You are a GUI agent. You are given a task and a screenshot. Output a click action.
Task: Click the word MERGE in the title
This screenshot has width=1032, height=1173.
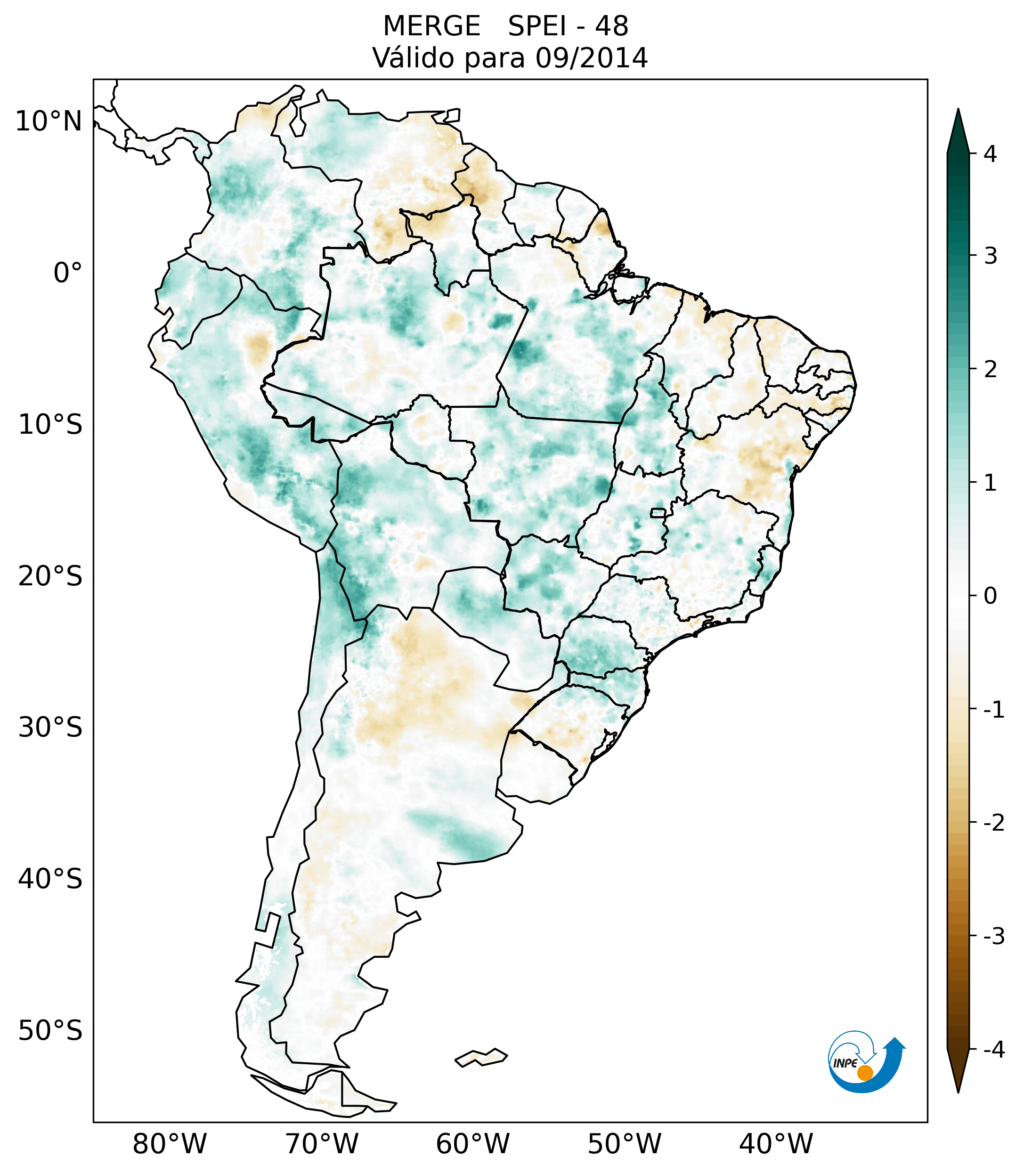coord(431,26)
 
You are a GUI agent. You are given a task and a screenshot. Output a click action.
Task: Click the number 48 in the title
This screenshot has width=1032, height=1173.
coord(611,26)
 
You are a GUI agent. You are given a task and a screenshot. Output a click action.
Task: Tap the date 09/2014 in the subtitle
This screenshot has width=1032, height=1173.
coord(591,58)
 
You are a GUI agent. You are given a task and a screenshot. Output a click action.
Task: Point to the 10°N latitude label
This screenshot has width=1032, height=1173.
coord(48,121)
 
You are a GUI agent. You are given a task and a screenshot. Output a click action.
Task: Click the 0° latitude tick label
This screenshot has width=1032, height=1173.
coord(68,273)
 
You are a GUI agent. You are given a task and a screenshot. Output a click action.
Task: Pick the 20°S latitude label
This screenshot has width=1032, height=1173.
coord(50,576)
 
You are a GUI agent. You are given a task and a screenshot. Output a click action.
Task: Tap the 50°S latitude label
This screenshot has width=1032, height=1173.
coord(50,1031)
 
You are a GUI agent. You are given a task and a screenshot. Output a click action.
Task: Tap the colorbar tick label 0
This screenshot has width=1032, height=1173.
coord(990,596)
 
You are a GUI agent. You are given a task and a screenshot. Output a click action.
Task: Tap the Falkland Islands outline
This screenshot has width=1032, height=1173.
coord(481,1057)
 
